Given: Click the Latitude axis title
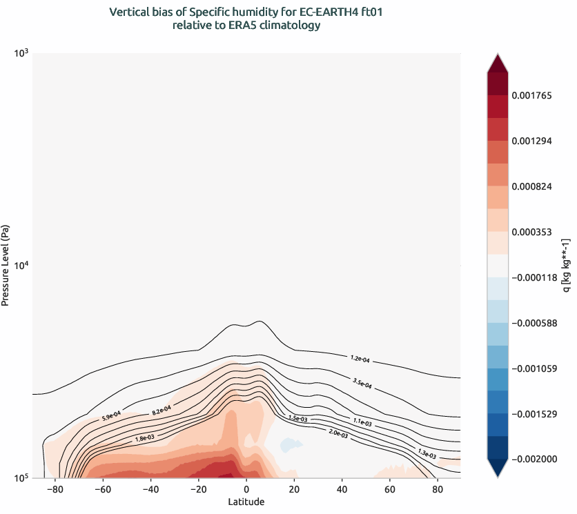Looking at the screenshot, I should [246, 502].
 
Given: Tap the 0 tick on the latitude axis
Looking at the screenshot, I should [246, 488].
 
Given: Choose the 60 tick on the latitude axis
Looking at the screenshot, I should [389, 488].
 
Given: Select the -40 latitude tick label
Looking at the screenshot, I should [150, 488].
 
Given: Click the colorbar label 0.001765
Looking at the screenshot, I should [532, 95].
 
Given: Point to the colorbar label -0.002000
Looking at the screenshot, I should [534, 459].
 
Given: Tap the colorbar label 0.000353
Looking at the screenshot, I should [532, 232].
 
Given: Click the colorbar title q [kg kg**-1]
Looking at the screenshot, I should [567, 266].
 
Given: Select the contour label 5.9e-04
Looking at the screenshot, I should [111, 415].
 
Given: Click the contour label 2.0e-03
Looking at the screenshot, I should [340, 433].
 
